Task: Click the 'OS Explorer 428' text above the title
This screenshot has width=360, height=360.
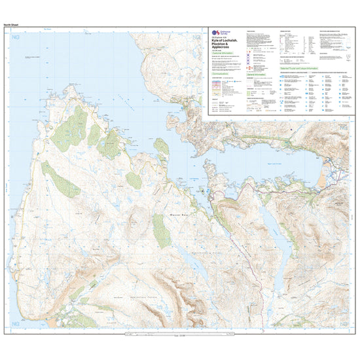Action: [221, 38]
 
